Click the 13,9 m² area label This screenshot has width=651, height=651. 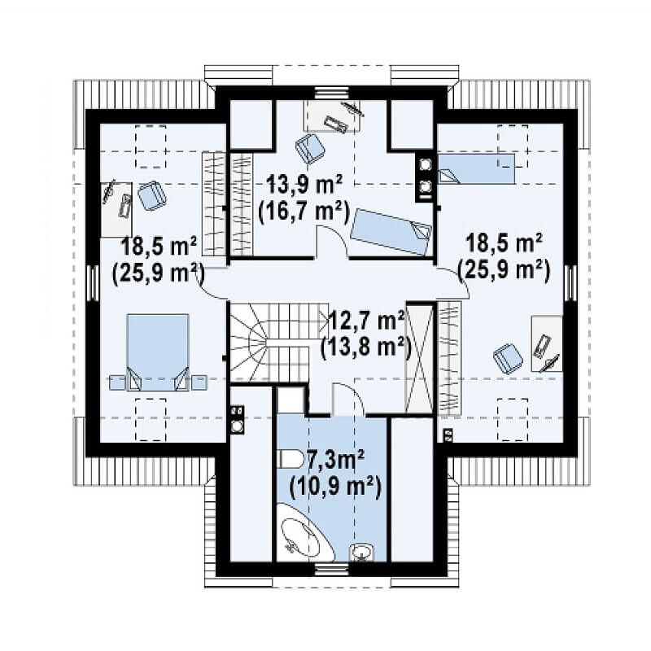304,186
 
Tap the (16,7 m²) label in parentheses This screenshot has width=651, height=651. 303,212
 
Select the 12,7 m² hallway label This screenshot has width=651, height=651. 367,321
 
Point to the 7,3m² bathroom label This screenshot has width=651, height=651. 336,460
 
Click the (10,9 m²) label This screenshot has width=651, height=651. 335,487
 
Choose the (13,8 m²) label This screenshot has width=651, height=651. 365,347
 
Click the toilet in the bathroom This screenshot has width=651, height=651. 291,459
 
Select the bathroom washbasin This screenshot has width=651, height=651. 362,553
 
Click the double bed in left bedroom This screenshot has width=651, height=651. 158,352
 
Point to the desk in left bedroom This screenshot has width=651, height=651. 116,210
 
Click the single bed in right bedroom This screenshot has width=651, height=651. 477,168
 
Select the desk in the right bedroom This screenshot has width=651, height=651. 547,343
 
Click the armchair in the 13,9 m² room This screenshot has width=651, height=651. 310,148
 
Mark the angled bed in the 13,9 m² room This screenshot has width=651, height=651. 391,232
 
